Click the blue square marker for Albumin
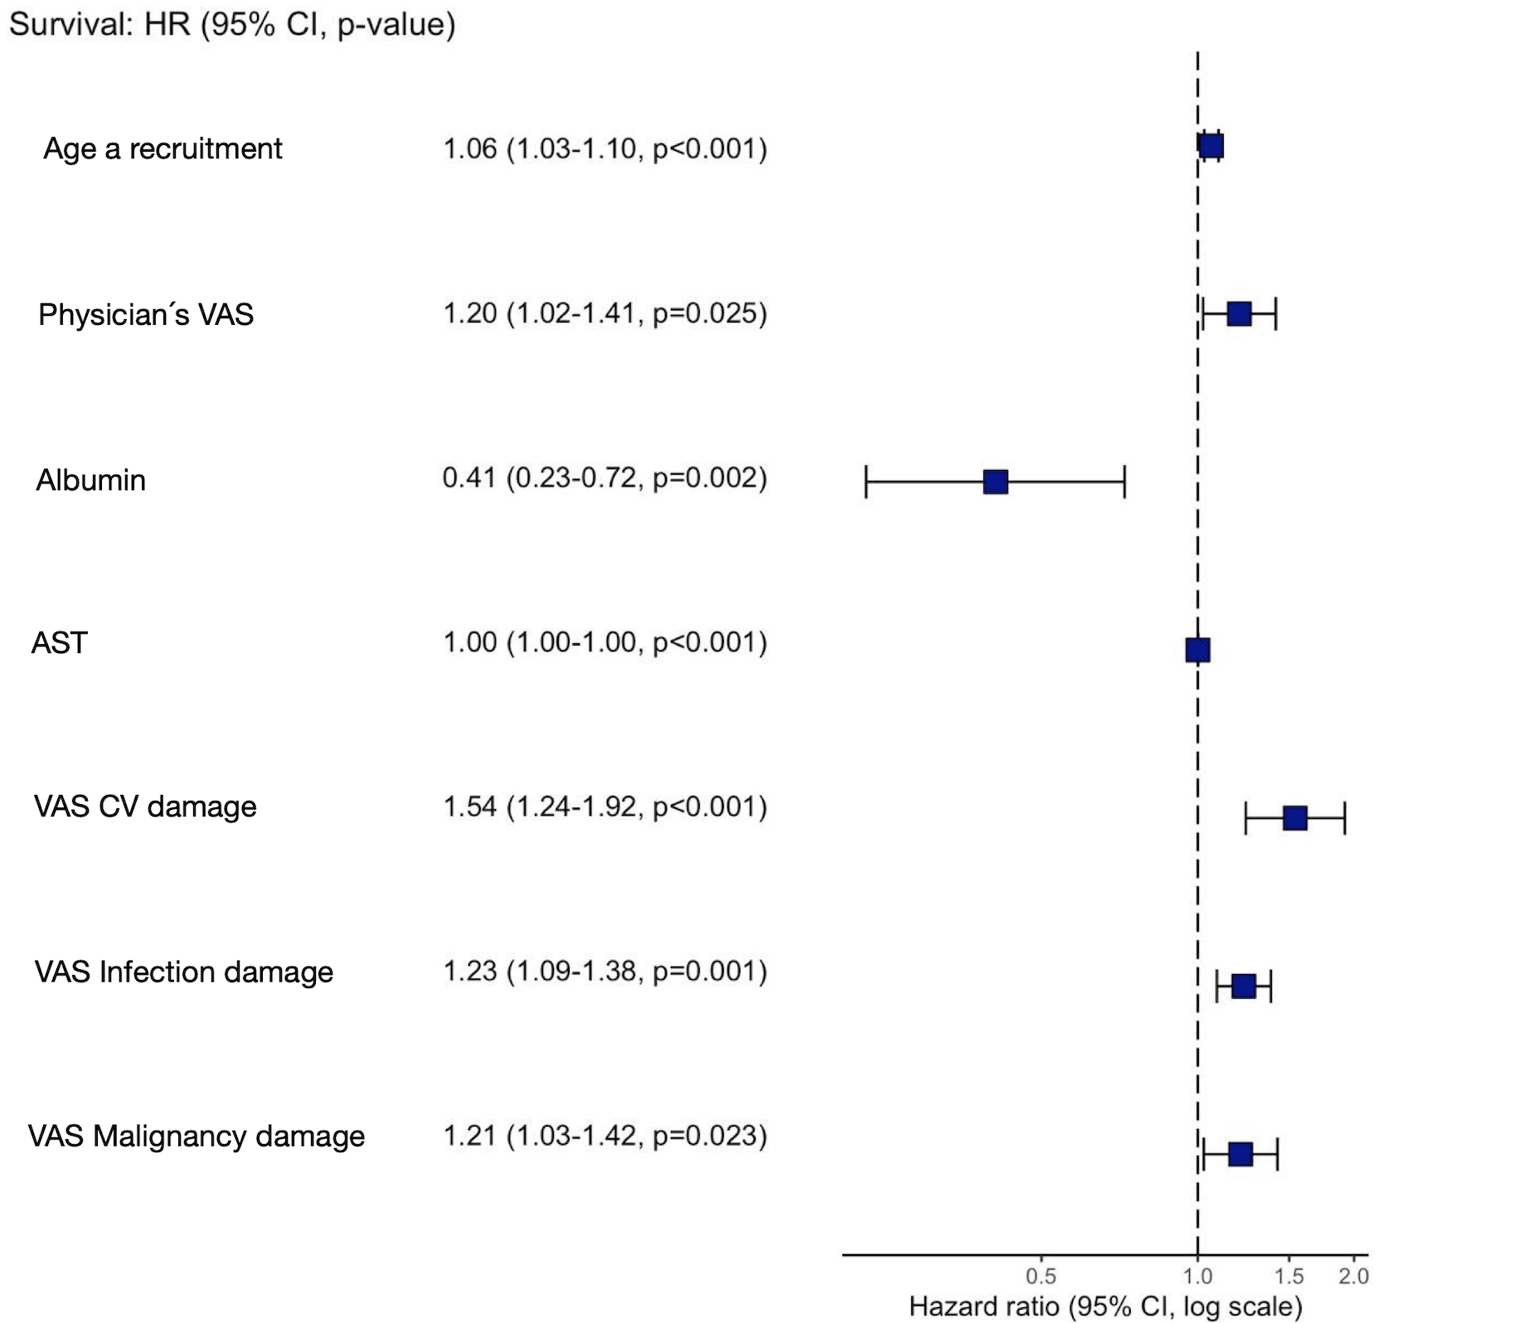pos(995,482)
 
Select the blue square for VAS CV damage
pos(1294,818)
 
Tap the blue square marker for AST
pos(1197,650)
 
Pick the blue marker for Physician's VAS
pos(1239,314)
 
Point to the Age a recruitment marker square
pos(1211,146)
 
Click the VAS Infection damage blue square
pos(1243,986)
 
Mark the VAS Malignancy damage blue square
pos(1240,1154)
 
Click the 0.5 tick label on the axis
pos(1041,1277)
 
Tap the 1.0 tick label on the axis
pos(1197,1277)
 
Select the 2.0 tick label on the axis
pos(1353,1277)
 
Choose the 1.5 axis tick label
pos(1288,1277)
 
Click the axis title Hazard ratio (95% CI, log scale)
pos(1105,1306)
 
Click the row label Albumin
pos(91,480)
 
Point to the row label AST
pos(59,642)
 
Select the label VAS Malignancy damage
pos(197,1136)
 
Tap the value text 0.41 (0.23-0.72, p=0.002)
pos(604,477)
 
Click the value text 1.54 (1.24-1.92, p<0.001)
pos(604,806)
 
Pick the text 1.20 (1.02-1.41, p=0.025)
pos(604,313)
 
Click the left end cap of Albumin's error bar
pos(866,482)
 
